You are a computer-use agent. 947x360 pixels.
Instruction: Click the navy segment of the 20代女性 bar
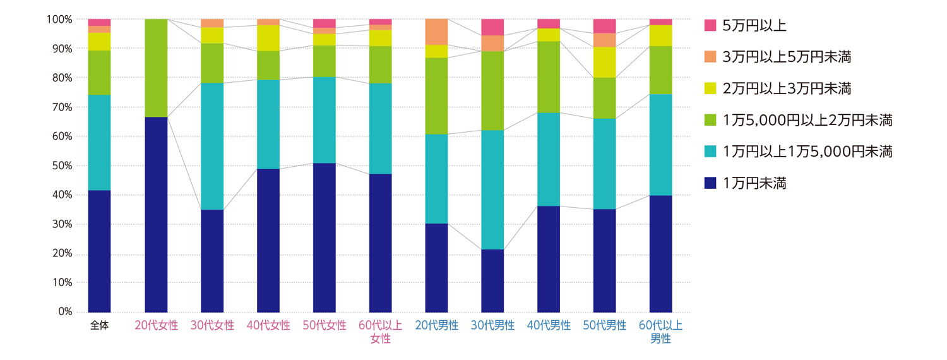point(156,215)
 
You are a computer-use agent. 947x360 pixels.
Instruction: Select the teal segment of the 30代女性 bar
point(212,147)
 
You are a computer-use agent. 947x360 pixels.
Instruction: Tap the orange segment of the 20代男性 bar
point(436,32)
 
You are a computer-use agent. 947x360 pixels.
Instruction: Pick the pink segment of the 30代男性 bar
point(492,27)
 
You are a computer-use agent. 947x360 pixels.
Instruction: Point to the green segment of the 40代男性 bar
point(549,77)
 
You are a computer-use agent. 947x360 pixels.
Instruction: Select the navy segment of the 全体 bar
point(99,251)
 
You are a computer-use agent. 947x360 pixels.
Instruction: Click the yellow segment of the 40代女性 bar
point(268,38)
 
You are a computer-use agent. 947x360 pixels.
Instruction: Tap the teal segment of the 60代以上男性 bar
point(660,145)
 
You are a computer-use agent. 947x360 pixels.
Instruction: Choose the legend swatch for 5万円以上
point(710,25)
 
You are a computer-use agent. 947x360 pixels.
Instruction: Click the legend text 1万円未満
point(755,183)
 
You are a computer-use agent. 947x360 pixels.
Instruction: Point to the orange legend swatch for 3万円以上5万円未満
point(710,57)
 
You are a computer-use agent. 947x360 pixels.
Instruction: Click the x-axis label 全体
point(99,326)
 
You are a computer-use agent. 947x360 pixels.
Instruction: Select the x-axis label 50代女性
point(325,326)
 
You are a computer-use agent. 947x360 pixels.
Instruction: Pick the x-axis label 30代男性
point(492,326)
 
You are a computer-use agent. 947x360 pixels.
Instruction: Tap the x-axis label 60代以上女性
point(380,332)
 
